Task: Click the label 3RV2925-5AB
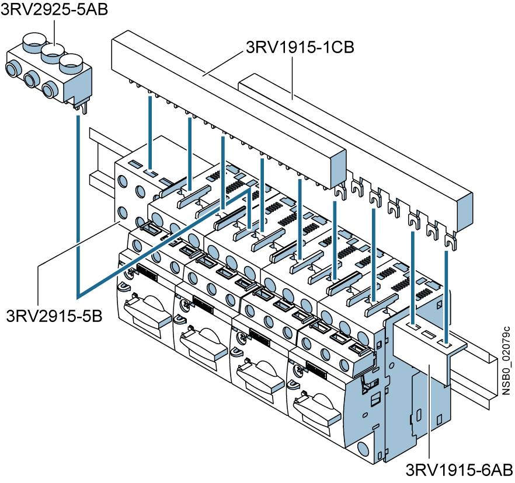tap(54, 11)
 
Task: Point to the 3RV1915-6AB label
tap(459, 470)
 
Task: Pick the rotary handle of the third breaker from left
tap(260, 373)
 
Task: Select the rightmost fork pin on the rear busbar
tap(449, 240)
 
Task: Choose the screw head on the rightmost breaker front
tap(299, 368)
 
